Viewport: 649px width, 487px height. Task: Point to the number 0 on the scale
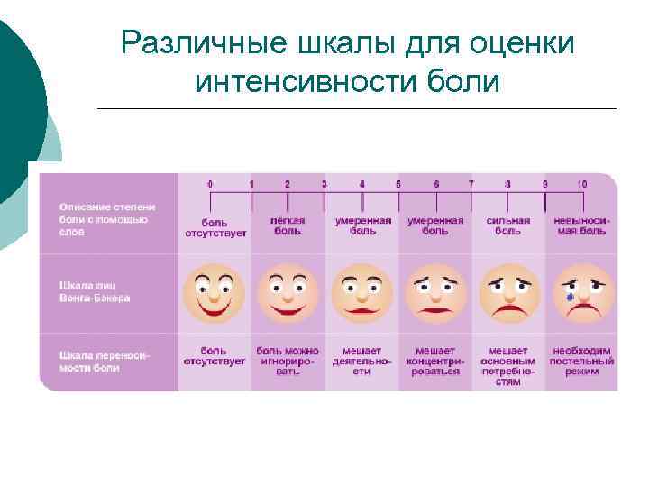[210, 184]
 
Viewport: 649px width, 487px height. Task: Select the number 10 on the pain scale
[581, 184]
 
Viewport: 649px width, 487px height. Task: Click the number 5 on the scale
[398, 184]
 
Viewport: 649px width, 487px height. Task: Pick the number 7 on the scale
[471, 184]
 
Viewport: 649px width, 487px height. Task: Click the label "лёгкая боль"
[288, 225]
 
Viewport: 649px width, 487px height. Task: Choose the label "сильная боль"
[508, 225]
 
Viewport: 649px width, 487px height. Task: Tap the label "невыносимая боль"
[581, 225]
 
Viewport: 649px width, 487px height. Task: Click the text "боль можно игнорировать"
[288, 360]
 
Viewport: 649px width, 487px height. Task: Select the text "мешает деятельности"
[361, 360]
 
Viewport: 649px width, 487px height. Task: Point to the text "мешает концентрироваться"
[435, 360]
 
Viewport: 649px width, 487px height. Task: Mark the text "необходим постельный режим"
[582, 360]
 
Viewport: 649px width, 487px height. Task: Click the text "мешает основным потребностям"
[508, 365]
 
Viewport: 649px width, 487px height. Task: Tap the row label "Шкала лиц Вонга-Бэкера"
[96, 291]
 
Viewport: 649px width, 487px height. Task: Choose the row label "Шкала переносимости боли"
[105, 361]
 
